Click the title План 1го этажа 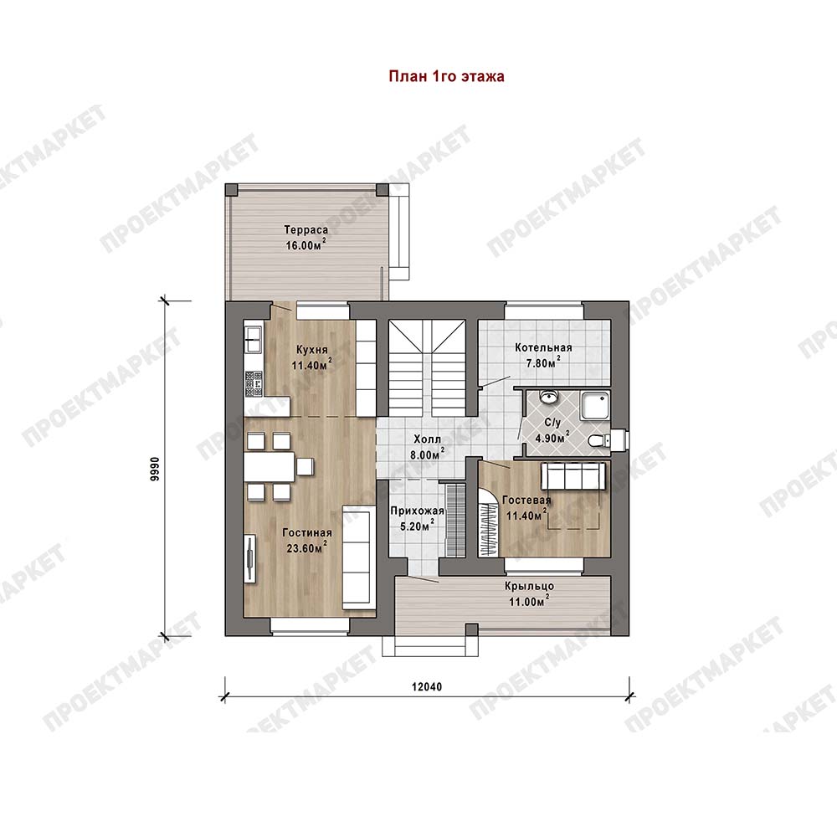446,76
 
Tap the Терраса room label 306,230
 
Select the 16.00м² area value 306,245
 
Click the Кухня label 311,350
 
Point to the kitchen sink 253,340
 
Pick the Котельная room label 543,347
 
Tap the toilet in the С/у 599,441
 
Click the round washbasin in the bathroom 549,397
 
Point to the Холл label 428,439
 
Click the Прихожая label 417,511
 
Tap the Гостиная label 307,532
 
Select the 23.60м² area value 306,547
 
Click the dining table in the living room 269,467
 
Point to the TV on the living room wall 249,558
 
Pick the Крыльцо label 529,586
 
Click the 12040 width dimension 427,686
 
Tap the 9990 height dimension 154,470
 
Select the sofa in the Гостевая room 573,475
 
